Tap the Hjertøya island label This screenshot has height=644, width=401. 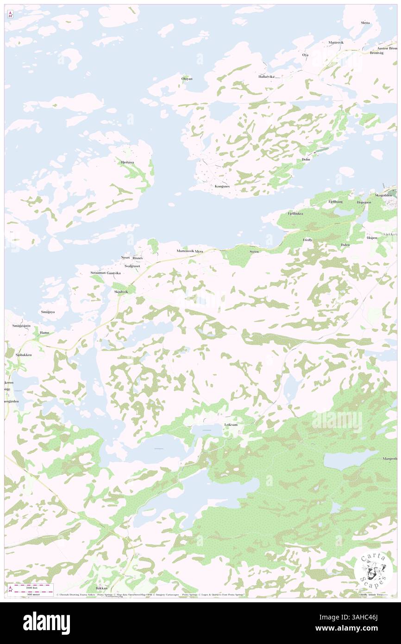(x=127, y=162)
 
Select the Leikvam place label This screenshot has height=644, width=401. (x=231, y=424)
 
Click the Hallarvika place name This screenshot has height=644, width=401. (x=266, y=76)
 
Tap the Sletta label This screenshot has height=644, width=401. (x=365, y=23)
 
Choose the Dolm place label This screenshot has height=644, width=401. (x=306, y=159)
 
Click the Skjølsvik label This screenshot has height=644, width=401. (x=121, y=292)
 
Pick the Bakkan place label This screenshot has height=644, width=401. (x=101, y=588)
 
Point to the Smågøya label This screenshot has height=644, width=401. (x=47, y=312)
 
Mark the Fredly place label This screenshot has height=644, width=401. (x=307, y=240)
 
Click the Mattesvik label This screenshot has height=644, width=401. (x=336, y=43)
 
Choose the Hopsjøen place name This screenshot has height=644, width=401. (x=363, y=202)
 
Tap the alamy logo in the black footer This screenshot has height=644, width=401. (x=46, y=623)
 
